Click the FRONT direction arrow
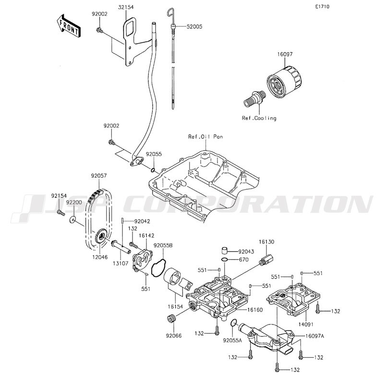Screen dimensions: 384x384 (x=68, y=25)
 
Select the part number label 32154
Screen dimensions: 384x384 (x=126, y=7)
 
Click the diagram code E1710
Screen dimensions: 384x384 (x=322, y=7)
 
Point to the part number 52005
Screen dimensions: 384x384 (x=194, y=26)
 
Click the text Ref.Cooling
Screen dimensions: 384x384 (x=259, y=118)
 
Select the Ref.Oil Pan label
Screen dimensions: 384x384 (x=205, y=136)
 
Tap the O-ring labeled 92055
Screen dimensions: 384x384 (x=153, y=170)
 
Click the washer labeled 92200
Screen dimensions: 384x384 (x=72, y=220)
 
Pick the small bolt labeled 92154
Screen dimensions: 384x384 (x=61, y=213)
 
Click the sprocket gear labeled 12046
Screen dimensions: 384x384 (x=100, y=236)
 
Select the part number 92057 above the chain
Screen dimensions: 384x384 (x=99, y=176)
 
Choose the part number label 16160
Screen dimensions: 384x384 (x=255, y=310)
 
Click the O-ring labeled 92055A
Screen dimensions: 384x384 (x=234, y=323)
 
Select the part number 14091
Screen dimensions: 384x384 (x=306, y=324)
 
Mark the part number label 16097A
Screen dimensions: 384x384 (x=315, y=336)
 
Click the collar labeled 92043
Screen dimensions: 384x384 (x=225, y=251)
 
